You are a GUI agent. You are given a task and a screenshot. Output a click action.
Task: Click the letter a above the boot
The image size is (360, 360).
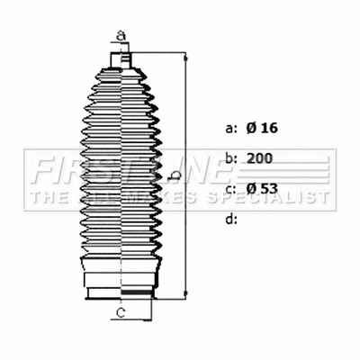(120, 36)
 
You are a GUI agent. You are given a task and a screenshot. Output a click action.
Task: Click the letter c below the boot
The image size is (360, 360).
(120, 312)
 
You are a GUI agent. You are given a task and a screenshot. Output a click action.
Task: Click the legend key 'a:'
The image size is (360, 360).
(230, 129)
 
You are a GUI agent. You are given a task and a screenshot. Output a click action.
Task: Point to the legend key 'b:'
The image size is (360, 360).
(230, 158)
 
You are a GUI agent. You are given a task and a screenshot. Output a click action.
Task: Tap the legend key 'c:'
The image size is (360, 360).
(230, 188)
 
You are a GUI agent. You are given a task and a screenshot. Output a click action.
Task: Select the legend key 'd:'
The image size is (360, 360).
(230, 218)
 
